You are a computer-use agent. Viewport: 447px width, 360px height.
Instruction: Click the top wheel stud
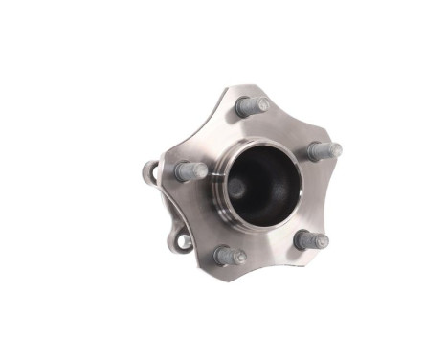coord(252,106)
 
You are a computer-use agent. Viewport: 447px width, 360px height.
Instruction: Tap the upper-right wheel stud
coord(324,150)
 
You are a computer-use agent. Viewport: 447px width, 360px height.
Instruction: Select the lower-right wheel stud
coord(310,239)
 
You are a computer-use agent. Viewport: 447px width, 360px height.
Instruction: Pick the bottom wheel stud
coord(230,256)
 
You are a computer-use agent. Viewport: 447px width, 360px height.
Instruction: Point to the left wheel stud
coord(191,171)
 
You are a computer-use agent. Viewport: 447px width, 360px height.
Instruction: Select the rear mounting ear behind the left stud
coord(150,172)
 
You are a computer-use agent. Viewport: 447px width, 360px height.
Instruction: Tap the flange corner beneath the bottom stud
coord(216,269)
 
